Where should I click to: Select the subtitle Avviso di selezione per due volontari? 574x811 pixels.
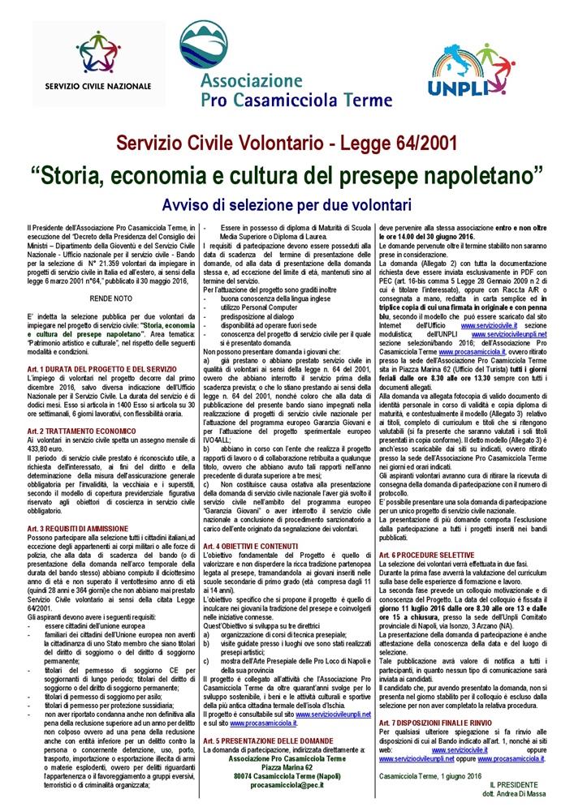(x=287, y=199)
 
